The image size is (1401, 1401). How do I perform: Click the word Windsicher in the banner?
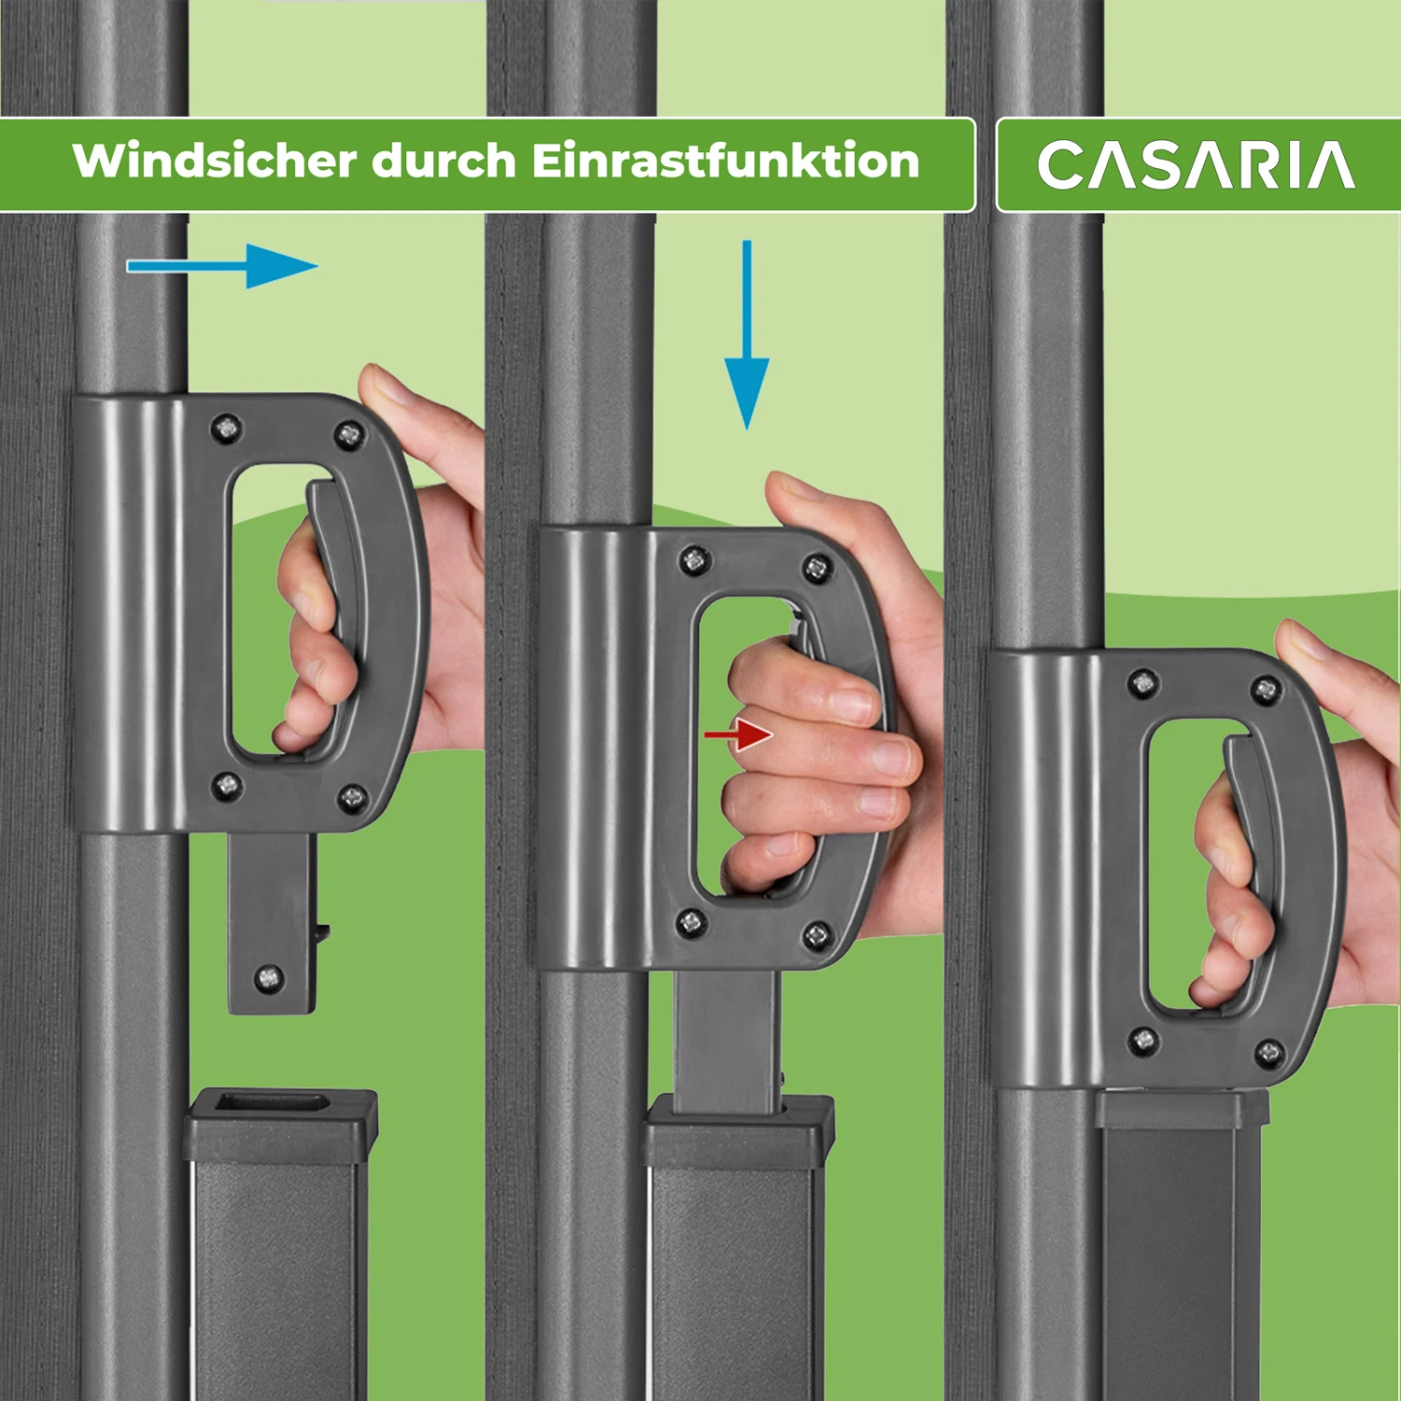[x=215, y=161]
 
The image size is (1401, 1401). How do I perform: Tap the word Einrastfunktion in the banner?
[x=726, y=161]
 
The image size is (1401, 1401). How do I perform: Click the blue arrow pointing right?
[x=224, y=266]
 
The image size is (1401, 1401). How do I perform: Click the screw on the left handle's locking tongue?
[x=269, y=978]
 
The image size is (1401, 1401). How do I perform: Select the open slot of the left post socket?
[x=272, y=1103]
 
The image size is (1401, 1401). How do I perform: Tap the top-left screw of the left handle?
[x=226, y=429]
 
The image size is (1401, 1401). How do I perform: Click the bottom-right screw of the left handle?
[x=352, y=798]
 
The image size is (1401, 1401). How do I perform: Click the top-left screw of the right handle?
[x=1143, y=684]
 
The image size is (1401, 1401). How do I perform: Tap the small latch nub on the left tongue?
[x=322, y=931]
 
